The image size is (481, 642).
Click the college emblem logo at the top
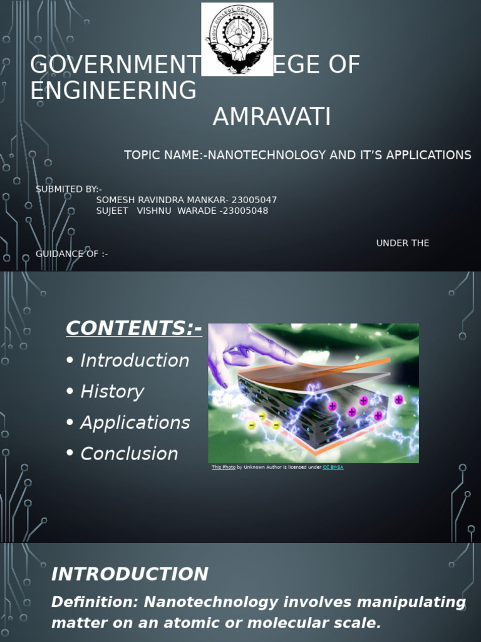[x=237, y=39]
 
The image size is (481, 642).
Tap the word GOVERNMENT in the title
[x=113, y=65]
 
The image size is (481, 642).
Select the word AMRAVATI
[x=271, y=117]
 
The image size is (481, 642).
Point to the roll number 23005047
[x=255, y=200]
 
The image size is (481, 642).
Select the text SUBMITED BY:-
[x=69, y=189]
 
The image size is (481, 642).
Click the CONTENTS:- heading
[x=134, y=328]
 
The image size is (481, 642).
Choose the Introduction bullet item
[x=135, y=360]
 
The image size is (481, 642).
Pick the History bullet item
[x=112, y=392]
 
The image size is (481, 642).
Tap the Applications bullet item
[x=135, y=423]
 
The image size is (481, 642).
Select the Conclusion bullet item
[x=129, y=454]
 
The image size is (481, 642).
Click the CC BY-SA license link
[x=333, y=467]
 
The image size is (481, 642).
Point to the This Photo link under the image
[x=224, y=467]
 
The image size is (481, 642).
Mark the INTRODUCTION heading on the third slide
[x=130, y=574]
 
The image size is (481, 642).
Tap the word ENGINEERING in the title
[x=113, y=91]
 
